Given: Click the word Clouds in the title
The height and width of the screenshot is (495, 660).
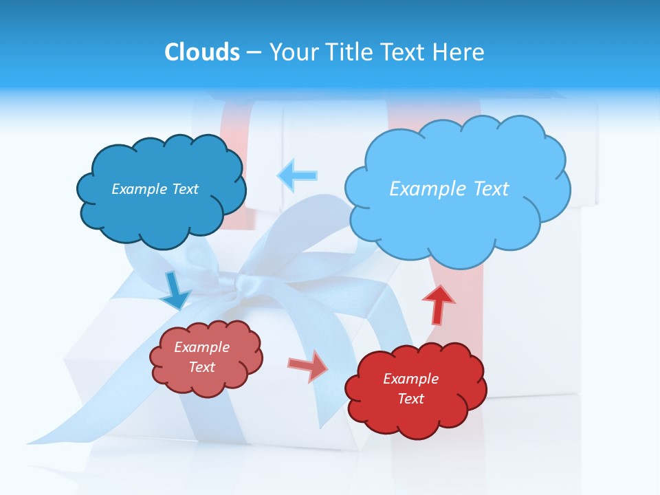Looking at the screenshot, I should (202, 52).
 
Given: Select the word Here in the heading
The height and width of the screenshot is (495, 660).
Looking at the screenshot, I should (460, 52).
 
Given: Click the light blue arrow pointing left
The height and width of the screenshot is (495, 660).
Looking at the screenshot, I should (297, 175).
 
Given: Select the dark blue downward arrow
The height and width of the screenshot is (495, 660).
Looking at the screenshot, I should (175, 291).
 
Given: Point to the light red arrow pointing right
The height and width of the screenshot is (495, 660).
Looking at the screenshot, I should (308, 365).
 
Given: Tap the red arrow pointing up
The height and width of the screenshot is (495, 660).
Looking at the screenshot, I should (438, 304).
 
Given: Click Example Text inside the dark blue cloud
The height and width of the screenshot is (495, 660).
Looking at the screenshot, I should (155, 189).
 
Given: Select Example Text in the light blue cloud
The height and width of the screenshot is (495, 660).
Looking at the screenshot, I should (449, 189).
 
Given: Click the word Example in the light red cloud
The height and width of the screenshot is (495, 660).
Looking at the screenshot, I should (201, 347).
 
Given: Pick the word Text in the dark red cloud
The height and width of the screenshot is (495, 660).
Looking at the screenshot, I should (410, 399).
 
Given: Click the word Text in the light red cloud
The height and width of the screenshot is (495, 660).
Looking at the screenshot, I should (201, 367).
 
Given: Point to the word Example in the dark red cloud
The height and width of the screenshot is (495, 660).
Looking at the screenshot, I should (410, 379).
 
